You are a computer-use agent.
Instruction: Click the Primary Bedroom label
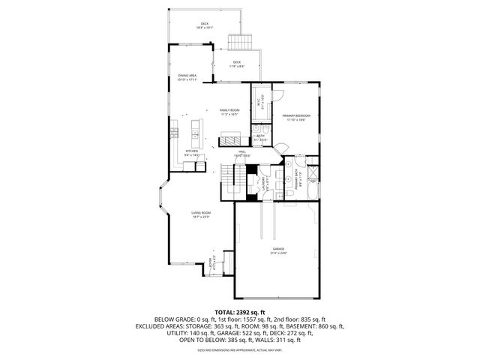tap(295, 117)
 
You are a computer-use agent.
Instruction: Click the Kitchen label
tap(192, 153)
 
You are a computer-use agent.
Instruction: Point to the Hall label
tap(242, 153)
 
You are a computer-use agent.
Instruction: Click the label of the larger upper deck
tap(205, 25)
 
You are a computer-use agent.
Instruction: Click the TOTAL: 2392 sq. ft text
tap(240, 312)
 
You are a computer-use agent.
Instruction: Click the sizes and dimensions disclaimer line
tap(240, 350)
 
